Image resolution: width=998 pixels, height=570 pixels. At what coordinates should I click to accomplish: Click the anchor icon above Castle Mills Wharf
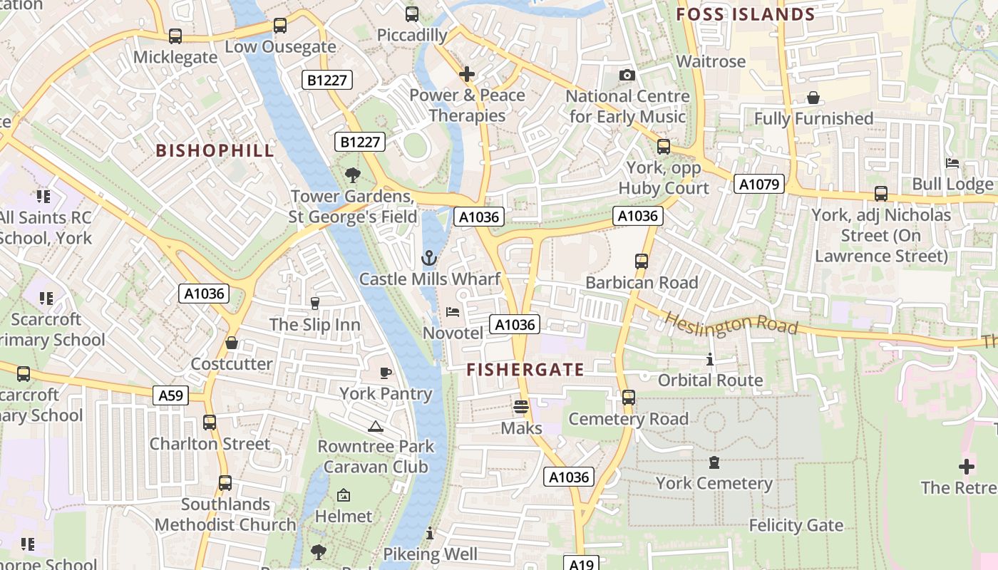428,258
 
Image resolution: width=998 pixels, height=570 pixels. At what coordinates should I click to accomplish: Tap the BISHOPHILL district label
215,150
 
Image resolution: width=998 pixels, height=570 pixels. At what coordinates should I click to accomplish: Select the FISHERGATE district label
525,370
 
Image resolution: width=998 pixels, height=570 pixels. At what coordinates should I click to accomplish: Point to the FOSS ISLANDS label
745,14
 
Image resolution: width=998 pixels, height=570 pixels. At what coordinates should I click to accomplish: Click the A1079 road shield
759,185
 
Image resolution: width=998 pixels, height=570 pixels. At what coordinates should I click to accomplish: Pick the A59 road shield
170,395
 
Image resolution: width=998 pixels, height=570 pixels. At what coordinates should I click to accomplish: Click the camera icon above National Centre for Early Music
627,75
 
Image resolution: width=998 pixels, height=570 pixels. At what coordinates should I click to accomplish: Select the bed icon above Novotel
453,312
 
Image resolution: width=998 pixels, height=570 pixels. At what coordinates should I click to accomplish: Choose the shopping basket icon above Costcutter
232,343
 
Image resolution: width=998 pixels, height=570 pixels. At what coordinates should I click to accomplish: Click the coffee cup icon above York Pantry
386,373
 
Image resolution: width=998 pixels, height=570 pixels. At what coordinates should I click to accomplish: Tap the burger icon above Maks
521,407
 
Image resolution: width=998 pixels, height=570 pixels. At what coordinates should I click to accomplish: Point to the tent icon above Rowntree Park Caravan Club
375,426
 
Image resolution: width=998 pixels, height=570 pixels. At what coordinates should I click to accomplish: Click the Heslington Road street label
731,322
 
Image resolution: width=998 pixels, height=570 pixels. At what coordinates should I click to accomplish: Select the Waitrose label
711,61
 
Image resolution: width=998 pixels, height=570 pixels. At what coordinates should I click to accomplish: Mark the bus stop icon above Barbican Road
642,261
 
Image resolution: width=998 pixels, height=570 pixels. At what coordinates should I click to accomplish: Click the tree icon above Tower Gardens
352,175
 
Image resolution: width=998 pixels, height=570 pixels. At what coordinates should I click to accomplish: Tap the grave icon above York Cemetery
714,462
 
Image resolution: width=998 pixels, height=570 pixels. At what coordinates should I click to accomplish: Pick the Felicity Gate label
796,526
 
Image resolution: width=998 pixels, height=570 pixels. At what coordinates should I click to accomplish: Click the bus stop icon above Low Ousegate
280,26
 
